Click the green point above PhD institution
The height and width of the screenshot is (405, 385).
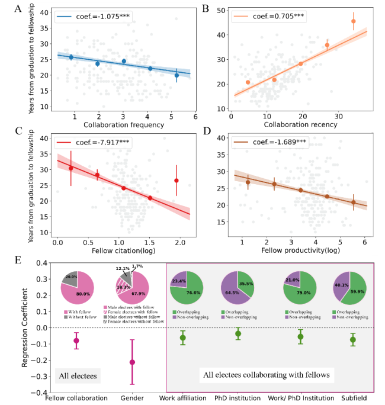(238, 334)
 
